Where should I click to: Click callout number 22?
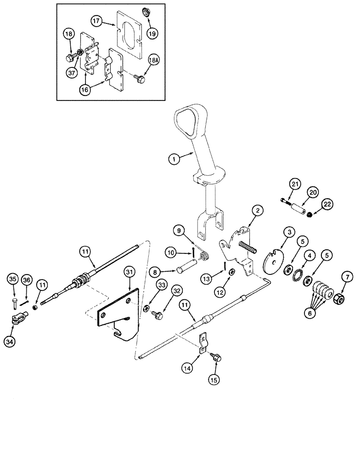point(327,203)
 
